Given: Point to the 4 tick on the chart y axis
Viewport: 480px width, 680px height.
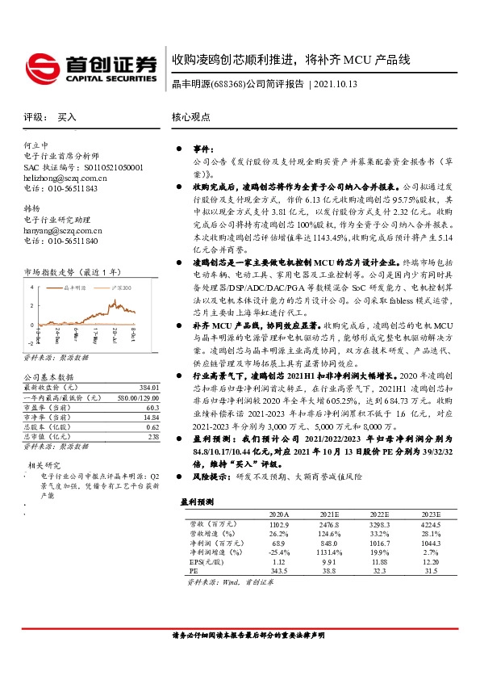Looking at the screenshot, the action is pos(31,288).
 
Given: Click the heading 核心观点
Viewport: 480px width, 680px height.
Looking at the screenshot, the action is pos(191,116).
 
